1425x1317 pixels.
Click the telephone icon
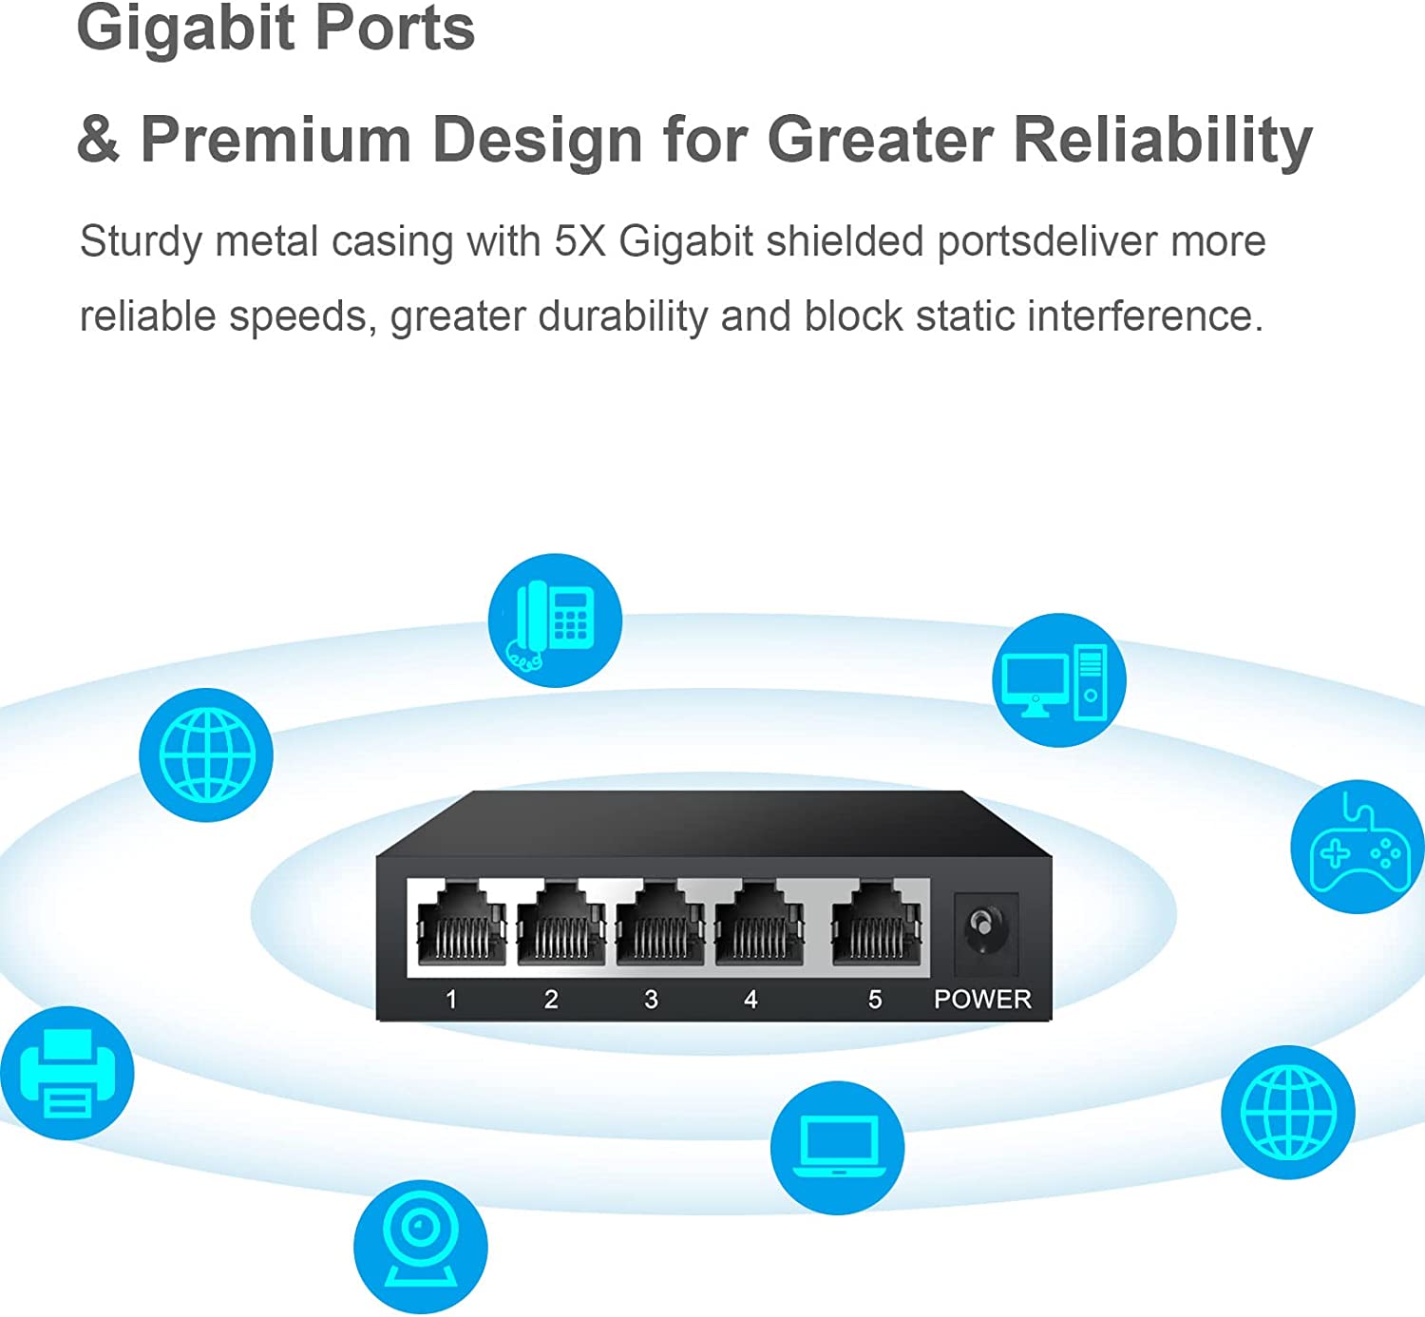pyautogui.click(x=555, y=620)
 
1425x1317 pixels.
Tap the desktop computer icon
pyautogui.click(x=1058, y=680)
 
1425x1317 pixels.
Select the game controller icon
pyautogui.click(x=1358, y=847)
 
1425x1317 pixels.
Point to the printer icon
pyautogui.click(x=67, y=1073)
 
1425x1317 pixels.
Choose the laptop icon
pyautogui.click(x=837, y=1147)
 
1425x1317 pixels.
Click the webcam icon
pyautogui.click(x=420, y=1246)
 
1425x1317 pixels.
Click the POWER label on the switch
pyautogui.click(x=982, y=999)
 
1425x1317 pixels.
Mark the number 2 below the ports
pyautogui.click(x=551, y=999)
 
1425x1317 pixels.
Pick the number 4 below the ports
pyautogui.click(x=750, y=999)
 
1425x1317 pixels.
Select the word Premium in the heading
pyautogui.click(x=275, y=140)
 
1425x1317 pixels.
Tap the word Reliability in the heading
pyautogui.click(x=1163, y=140)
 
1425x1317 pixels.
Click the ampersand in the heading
pyautogui.click(x=98, y=140)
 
